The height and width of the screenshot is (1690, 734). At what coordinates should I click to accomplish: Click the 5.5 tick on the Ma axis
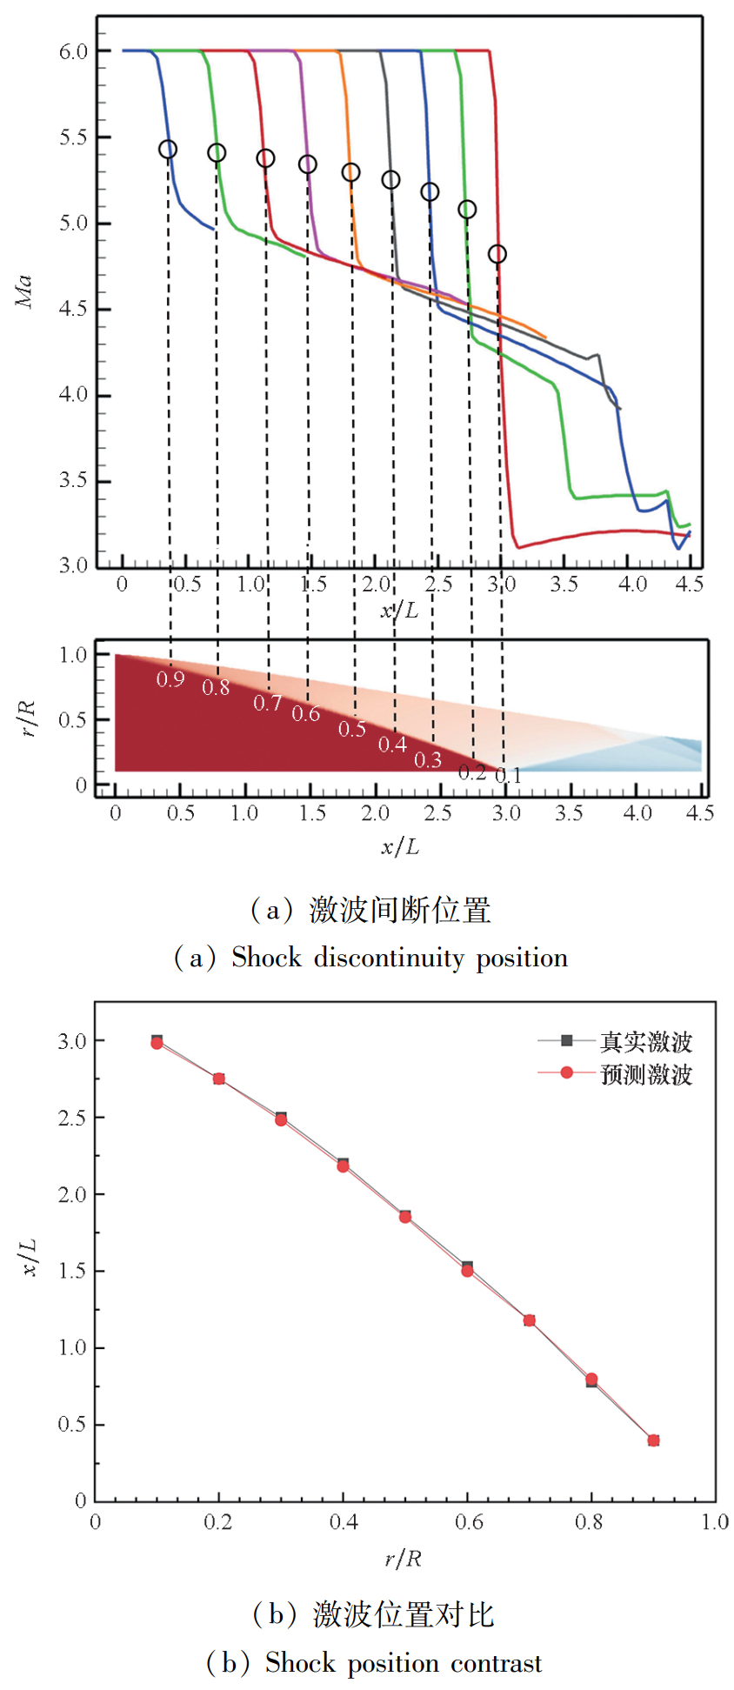(73, 137)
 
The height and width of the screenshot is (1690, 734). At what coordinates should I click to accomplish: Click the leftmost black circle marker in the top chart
(168, 150)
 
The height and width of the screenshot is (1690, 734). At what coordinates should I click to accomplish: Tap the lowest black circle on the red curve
(497, 254)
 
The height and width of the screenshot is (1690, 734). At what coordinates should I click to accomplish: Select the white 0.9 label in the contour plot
(170, 679)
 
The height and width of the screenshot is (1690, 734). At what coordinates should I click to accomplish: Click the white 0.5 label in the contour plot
(351, 729)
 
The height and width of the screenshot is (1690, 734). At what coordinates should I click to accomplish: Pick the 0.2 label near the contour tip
(471, 772)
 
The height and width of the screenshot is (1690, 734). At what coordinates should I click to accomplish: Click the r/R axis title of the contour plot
(28, 718)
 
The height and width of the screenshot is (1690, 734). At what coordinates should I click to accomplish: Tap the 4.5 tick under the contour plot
(700, 813)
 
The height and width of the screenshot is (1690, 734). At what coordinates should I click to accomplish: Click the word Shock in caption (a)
(266, 959)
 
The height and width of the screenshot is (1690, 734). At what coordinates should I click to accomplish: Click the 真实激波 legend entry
(645, 1041)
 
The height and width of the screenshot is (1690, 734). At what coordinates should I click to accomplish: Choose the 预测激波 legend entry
(645, 1074)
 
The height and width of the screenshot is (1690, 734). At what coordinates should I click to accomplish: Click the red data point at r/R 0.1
(157, 1043)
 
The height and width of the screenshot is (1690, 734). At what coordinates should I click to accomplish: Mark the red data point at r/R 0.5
(405, 1217)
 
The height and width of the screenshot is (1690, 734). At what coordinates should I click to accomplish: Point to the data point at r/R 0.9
(653, 1440)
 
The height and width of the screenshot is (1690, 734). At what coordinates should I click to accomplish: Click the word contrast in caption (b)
(496, 1664)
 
